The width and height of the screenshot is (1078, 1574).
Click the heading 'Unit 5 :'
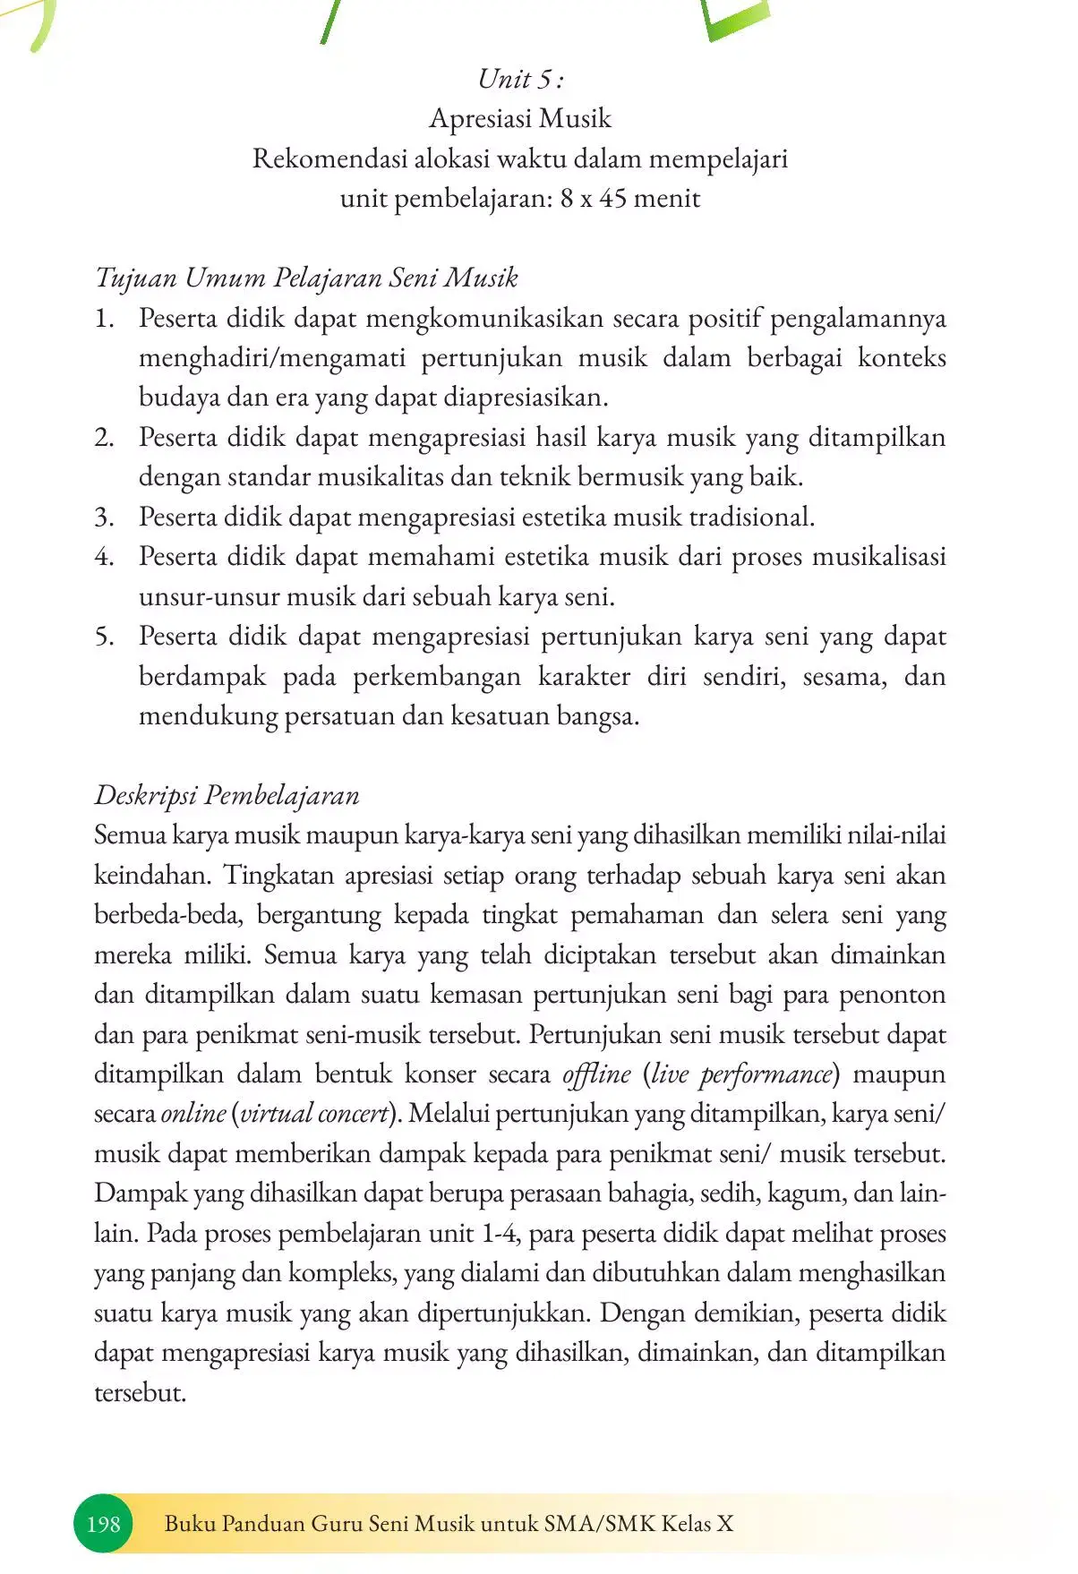tap(520, 79)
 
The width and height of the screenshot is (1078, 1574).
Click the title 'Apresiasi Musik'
tap(520, 118)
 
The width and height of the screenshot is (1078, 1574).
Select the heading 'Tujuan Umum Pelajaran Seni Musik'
tap(306, 278)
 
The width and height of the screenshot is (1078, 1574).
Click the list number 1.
tap(105, 318)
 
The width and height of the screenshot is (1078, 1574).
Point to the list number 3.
tap(104, 517)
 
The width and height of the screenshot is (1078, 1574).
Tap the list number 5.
tap(104, 637)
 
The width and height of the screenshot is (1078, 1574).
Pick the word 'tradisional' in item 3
tap(749, 517)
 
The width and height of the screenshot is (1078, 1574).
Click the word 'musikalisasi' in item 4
tap(878, 557)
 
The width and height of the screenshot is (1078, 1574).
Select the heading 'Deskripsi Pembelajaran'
tap(227, 795)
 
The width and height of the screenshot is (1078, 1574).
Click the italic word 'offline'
tap(596, 1074)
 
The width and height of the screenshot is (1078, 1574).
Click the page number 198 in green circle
tap(104, 1523)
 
